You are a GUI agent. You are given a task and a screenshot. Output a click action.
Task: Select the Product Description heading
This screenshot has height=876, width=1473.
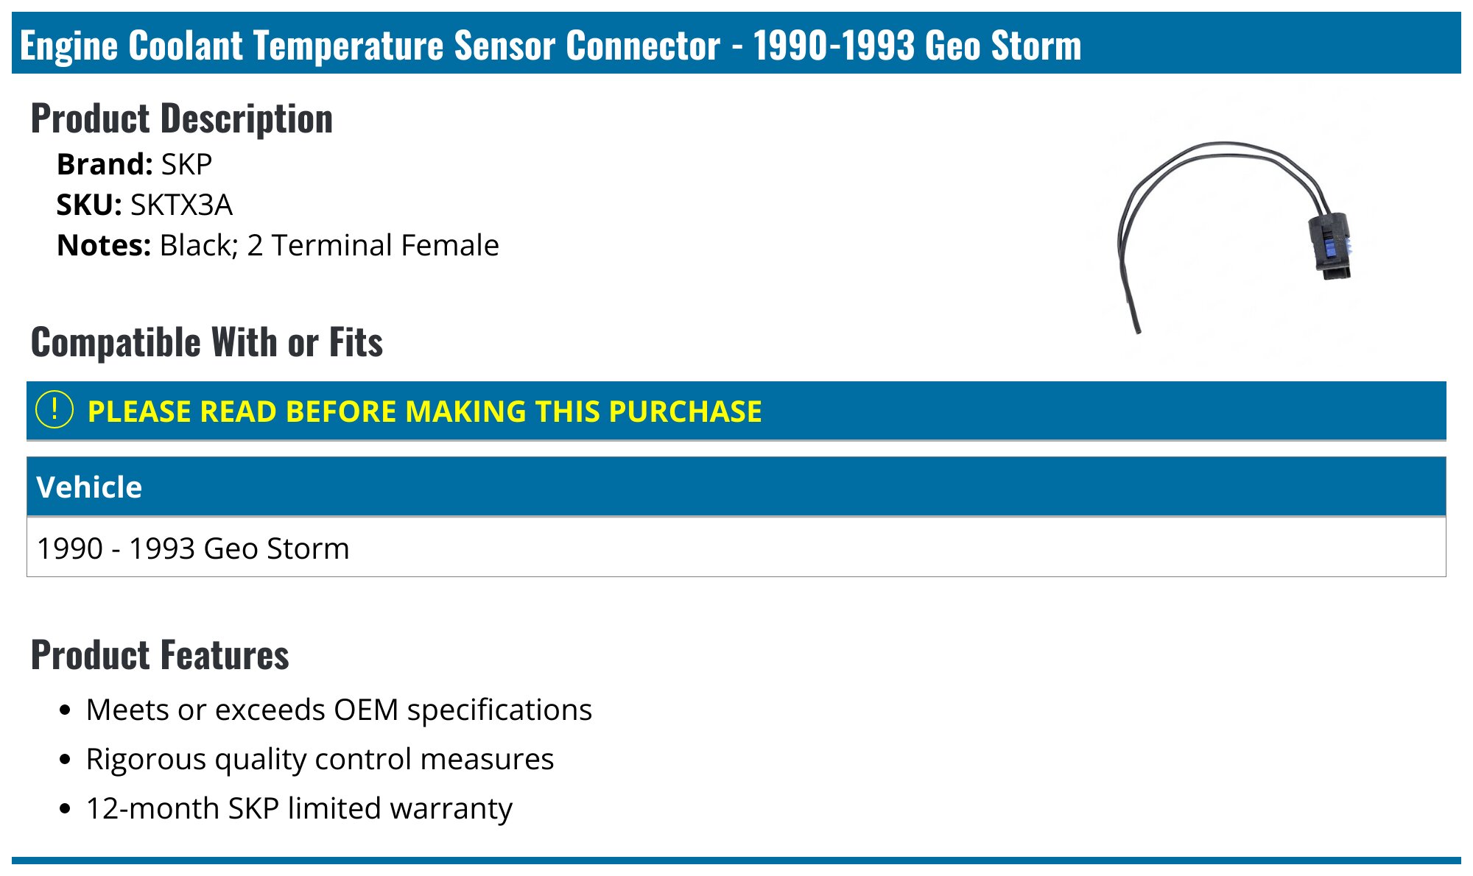click(x=182, y=119)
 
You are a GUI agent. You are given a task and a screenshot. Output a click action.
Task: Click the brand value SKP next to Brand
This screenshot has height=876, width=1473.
click(x=186, y=164)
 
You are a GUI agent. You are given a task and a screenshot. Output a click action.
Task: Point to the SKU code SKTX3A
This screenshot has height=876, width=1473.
click(x=181, y=205)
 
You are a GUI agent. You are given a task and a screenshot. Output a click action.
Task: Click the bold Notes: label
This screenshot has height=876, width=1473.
click(x=104, y=245)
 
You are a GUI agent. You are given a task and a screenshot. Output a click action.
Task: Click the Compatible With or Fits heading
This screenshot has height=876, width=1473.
click(x=207, y=342)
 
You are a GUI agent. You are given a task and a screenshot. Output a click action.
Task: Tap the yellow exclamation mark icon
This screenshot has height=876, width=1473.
click(x=55, y=410)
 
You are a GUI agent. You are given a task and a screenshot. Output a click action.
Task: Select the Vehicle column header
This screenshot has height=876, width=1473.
click(x=89, y=487)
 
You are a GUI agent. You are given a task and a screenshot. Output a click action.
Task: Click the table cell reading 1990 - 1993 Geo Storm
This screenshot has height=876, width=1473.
click(x=193, y=548)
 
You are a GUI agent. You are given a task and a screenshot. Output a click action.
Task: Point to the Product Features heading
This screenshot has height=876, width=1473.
click(x=160, y=655)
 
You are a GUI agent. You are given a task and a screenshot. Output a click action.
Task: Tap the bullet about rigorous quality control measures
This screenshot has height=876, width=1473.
click(x=320, y=759)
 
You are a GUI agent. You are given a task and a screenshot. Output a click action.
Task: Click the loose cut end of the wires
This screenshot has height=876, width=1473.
click(x=1137, y=328)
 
